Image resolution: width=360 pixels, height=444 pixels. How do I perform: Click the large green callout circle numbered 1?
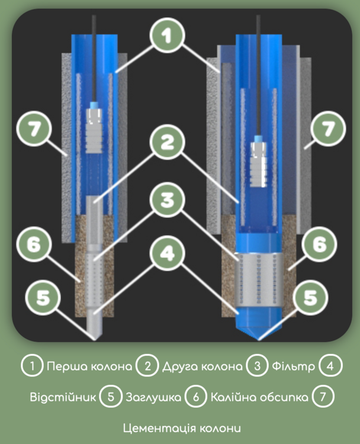167,36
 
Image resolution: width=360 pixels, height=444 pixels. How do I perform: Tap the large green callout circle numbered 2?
167,142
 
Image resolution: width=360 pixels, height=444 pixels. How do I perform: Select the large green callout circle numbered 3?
167,200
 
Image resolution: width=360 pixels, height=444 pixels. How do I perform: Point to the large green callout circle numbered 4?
167,253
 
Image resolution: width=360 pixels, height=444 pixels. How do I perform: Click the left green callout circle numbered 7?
34,129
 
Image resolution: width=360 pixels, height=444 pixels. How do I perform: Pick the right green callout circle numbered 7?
328,129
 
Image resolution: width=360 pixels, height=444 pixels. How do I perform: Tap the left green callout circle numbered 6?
34,244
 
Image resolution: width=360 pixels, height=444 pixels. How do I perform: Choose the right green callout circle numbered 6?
320,244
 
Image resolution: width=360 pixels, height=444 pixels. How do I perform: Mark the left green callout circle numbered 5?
43,297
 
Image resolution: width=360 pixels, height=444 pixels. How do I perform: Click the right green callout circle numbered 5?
311,297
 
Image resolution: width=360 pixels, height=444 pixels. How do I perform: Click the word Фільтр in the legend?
293,366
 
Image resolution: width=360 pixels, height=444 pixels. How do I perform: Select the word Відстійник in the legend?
63,397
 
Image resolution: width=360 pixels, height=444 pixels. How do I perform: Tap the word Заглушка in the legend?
153,397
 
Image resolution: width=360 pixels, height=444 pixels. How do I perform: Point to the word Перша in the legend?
67,366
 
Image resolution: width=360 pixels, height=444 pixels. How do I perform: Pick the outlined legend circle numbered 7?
323,397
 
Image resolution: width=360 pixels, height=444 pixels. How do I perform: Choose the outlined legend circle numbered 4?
330,366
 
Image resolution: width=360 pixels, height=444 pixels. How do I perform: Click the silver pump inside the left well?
94,131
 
